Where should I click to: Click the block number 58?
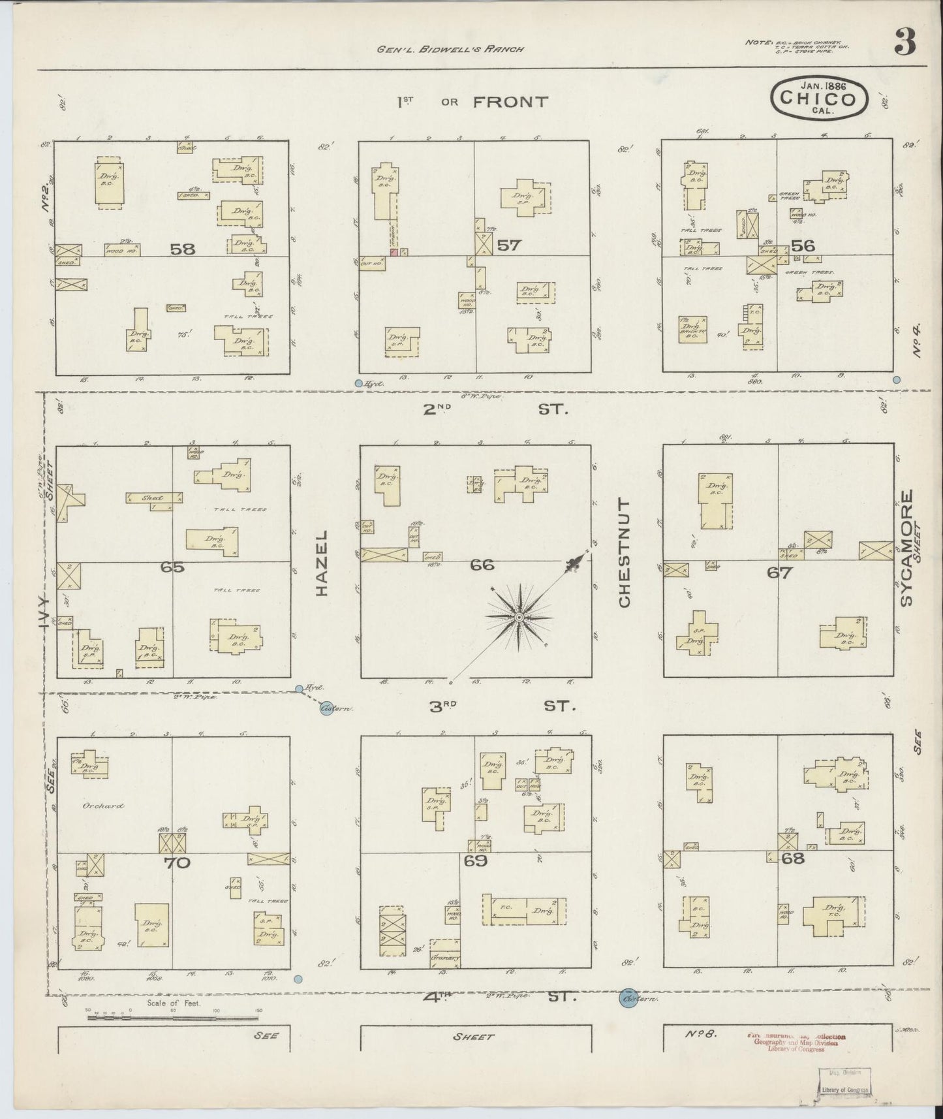tap(183, 249)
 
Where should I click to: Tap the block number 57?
tap(509, 245)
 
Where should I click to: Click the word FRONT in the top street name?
tap(510, 102)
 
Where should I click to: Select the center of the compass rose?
tap(519, 617)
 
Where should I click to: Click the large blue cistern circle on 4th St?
tap(628, 999)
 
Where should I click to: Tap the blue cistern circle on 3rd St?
tap(327, 708)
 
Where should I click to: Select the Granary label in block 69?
tap(445, 958)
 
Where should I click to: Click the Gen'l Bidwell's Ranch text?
tap(450, 48)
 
